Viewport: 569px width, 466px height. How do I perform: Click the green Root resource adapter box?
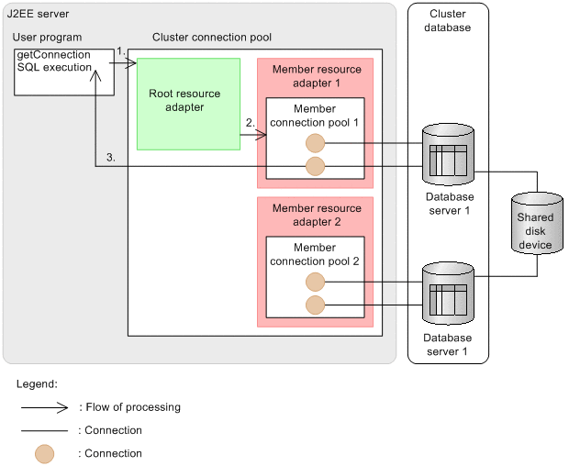coord(188,104)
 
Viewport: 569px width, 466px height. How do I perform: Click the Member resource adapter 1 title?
coord(317,75)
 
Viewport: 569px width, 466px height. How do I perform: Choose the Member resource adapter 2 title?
coord(317,215)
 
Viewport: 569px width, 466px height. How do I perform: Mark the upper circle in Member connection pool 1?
coord(315,144)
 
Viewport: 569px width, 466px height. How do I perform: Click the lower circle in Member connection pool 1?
coord(315,166)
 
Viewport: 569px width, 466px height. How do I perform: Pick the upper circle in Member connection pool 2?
coord(315,283)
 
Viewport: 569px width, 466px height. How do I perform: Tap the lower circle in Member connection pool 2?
coord(315,305)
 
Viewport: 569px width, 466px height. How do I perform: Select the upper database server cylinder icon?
coord(449,155)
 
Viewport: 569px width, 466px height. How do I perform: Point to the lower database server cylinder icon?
coord(449,294)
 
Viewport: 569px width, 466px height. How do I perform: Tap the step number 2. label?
coord(251,122)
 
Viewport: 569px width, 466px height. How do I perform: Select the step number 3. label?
coord(110,158)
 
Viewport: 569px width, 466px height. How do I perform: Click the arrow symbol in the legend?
coord(45,407)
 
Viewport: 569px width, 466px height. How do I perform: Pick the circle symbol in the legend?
coord(45,453)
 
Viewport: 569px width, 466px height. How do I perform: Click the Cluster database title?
coord(448,21)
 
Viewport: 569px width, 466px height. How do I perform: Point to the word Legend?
coord(37,383)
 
